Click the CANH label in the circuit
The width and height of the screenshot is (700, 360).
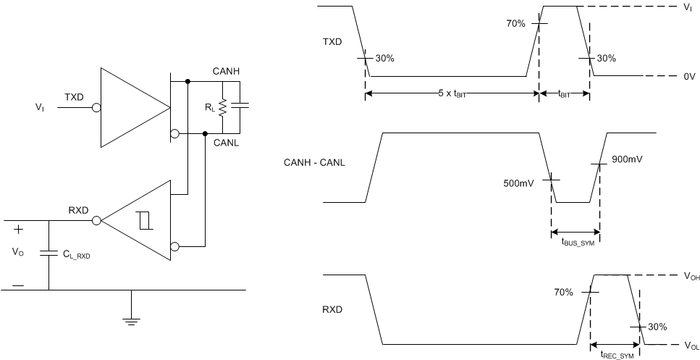[227, 71]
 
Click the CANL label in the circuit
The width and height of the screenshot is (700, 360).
[227, 142]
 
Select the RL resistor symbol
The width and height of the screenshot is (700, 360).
[223, 107]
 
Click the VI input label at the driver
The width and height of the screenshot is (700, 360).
[41, 107]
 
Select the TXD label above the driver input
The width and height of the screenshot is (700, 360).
[75, 97]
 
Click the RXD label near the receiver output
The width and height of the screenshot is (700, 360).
[78, 210]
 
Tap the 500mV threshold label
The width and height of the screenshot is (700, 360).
[518, 183]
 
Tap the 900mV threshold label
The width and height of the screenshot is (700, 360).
[628, 159]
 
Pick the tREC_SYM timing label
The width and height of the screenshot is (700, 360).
[616, 354]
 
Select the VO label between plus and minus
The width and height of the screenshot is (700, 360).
[19, 254]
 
